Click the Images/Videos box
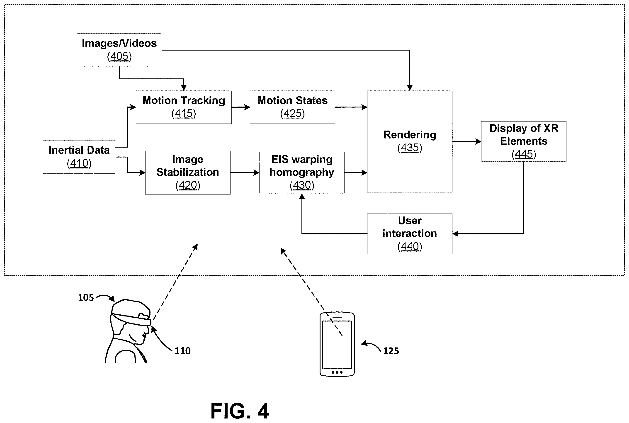119,50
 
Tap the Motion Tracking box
183,107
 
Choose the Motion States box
292,107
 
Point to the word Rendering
410,135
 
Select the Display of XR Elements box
524,141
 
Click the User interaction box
410,234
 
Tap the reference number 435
410,148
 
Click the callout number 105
86,297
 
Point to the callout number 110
183,351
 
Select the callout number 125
391,351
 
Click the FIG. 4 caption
240,411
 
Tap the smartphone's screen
337,345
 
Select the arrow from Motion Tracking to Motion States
240,107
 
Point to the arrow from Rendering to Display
467,141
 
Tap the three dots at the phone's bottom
337,372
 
